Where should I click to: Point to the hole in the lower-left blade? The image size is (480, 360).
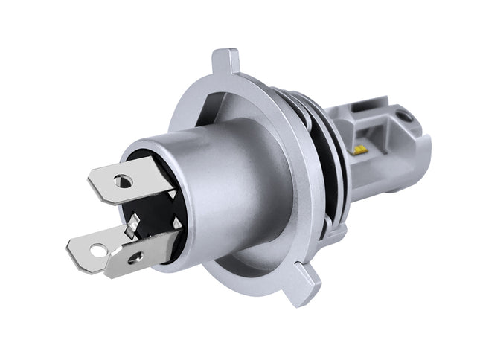point(97,250)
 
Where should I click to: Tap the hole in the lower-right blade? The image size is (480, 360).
point(135,258)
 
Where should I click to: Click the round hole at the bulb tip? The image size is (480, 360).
point(403,116)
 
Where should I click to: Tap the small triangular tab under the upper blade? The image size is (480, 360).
point(172,195)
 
